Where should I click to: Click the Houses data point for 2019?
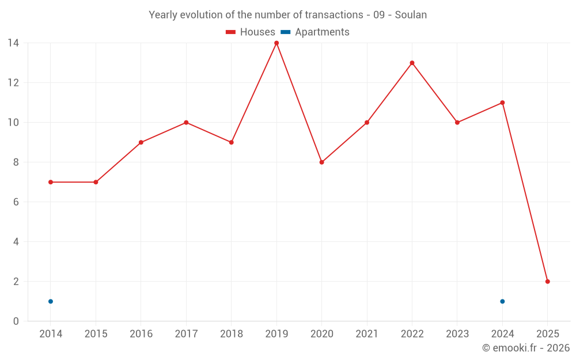(276, 43)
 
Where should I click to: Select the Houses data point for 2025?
(547, 282)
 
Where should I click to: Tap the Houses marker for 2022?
(412, 63)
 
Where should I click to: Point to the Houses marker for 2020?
(321, 162)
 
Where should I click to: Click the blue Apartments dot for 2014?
(51, 301)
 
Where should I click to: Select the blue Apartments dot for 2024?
(502, 301)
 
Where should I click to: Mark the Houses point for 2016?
(141, 142)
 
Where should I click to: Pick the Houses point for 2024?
(502, 103)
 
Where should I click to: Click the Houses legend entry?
(251, 32)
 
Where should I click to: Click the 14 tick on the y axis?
(13, 43)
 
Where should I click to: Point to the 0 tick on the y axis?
(16, 321)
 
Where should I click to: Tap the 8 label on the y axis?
(16, 162)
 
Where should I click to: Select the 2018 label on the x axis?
(231, 334)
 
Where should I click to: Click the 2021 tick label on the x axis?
(367, 334)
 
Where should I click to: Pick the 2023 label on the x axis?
(457, 334)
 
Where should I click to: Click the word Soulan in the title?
(411, 15)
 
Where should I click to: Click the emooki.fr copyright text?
(526, 348)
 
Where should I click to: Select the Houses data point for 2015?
(96, 182)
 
